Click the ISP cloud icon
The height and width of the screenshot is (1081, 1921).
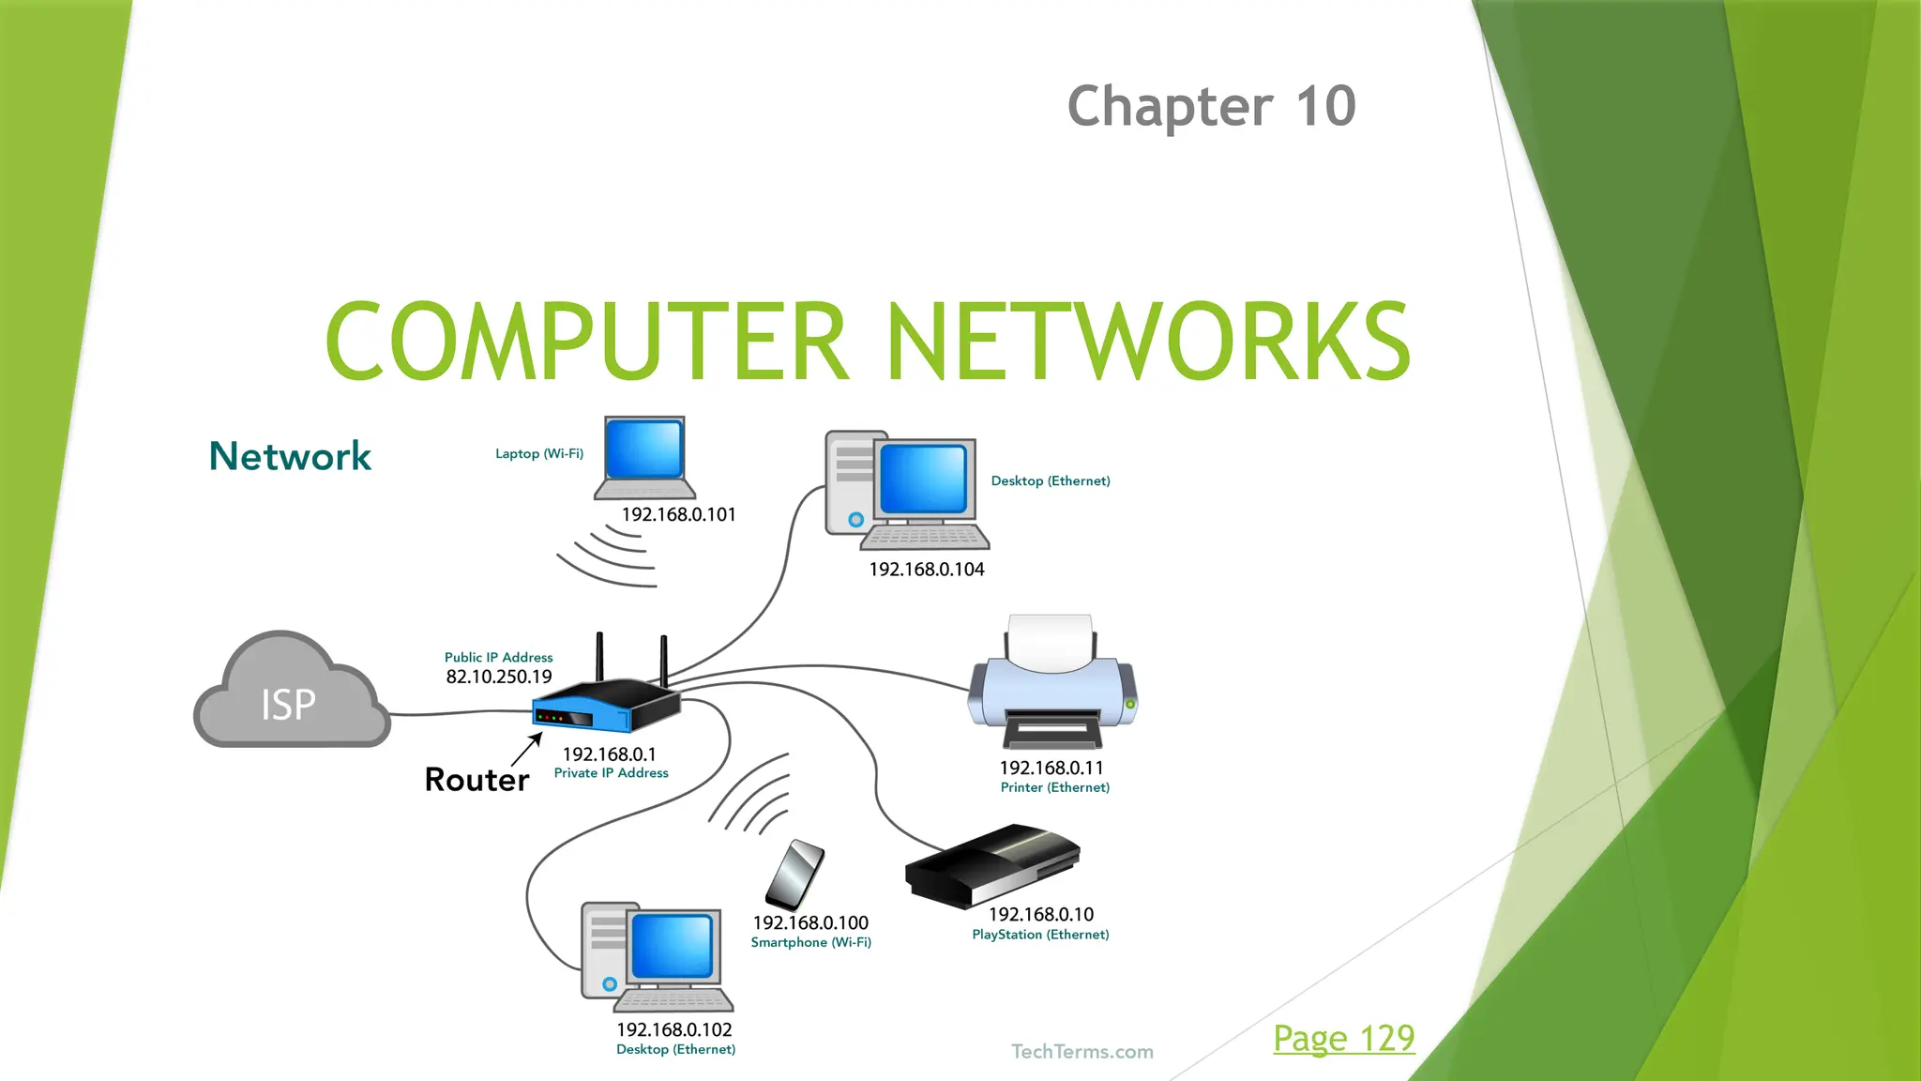[x=290, y=694]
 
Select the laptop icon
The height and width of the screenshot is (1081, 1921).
[x=645, y=459]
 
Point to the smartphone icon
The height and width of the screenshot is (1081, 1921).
[x=794, y=875]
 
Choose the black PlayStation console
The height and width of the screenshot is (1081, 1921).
[x=992, y=864]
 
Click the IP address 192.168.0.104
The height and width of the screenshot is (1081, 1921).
[x=926, y=570]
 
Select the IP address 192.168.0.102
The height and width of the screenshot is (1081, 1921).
[x=673, y=1029]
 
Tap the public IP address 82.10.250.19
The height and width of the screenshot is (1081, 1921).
[x=499, y=677]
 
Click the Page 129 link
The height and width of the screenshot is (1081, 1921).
[x=1343, y=1038]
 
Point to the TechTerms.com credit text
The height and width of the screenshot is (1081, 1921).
[x=1082, y=1052]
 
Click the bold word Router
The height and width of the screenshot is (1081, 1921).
[x=476, y=780]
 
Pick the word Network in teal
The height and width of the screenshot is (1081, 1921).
[x=290, y=456]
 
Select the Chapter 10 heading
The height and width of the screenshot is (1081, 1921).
[x=1211, y=105]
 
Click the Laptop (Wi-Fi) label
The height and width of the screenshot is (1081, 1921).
[x=539, y=453]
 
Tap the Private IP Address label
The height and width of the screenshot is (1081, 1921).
[x=611, y=773]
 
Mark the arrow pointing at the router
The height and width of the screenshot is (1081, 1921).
[x=527, y=749]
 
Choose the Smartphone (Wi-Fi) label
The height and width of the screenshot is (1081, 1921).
[x=810, y=942]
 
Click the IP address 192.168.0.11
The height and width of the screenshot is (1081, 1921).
[x=1051, y=768]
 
